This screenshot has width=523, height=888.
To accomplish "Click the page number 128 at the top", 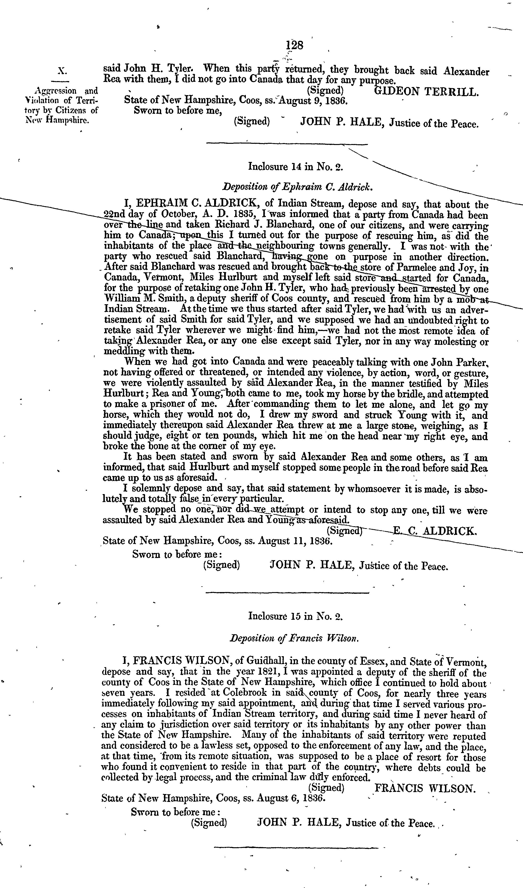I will [x=295, y=46].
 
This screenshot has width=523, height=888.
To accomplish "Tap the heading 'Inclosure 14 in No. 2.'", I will [x=296, y=166].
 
